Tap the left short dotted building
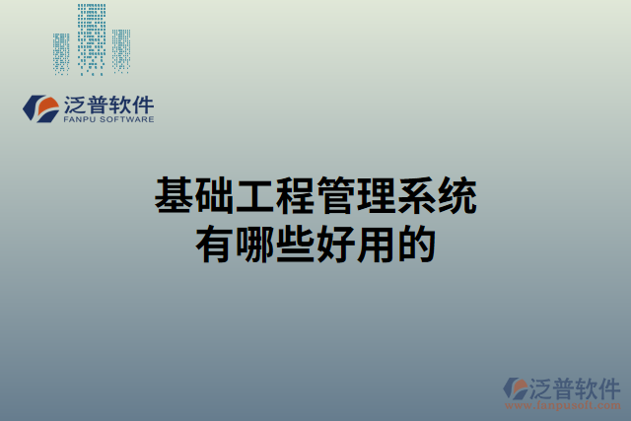61,53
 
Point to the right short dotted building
120,51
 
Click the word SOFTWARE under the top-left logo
127,120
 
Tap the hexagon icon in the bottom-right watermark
516,388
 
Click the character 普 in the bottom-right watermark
564,386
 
